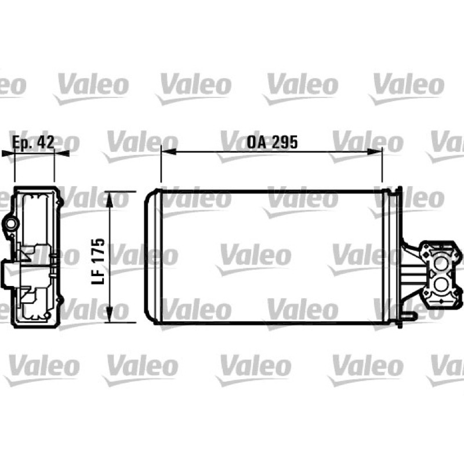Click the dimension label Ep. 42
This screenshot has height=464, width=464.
[x=33, y=142]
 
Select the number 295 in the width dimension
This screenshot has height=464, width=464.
[x=285, y=142]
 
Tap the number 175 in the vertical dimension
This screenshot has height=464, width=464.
[x=98, y=250]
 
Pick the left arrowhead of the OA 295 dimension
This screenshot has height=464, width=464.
[x=169, y=152]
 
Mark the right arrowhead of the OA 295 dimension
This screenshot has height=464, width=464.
[x=374, y=152]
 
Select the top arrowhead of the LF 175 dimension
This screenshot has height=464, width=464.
[x=110, y=199]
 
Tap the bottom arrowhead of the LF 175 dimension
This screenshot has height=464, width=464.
[x=110, y=314]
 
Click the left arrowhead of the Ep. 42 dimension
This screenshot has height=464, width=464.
[x=8, y=153]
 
